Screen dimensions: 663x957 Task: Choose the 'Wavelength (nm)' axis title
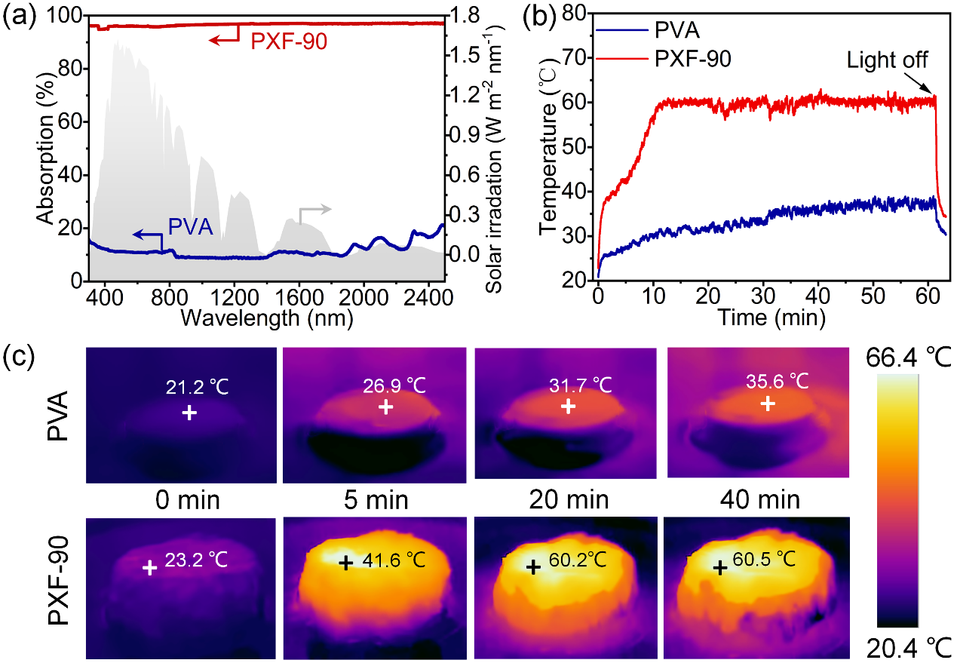coord(266,317)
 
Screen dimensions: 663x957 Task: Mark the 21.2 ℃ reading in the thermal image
coord(196,388)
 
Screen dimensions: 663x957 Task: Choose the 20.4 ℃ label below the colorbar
coord(899,647)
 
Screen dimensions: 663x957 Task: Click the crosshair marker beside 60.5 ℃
coord(720,568)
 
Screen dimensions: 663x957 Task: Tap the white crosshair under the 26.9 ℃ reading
coord(385,407)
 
